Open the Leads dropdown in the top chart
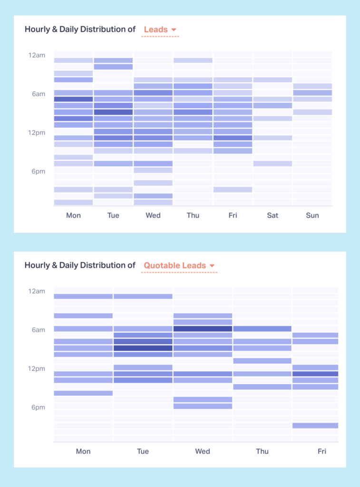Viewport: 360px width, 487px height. (x=160, y=29)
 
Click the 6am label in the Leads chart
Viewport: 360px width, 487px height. (x=39, y=94)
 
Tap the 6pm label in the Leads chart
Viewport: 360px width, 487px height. (x=39, y=171)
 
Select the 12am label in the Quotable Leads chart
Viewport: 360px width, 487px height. (x=37, y=291)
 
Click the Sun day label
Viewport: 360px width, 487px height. (x=312, y=215)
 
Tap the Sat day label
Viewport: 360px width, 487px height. (x=272, y=215)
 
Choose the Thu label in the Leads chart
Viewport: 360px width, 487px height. (x=193, y=215)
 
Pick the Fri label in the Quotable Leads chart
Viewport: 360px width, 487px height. (x=322, y=451)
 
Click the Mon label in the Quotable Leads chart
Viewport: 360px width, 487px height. (x=83, y=451)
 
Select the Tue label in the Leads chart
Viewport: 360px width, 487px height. (x=113, y=215)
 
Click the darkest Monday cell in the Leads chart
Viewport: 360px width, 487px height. (x=73, y=99)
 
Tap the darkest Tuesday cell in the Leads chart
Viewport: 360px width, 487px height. (x=113, y=112)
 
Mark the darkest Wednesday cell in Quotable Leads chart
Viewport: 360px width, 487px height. (x=203, y=329)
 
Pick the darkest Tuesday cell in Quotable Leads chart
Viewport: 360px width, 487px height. (x=143, y=348)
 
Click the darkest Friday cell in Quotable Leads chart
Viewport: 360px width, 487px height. (x=315, y=374)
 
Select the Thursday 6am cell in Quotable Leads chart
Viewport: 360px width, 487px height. (x=262, y=329)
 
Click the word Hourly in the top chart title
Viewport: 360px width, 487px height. (x=37, y=29)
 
